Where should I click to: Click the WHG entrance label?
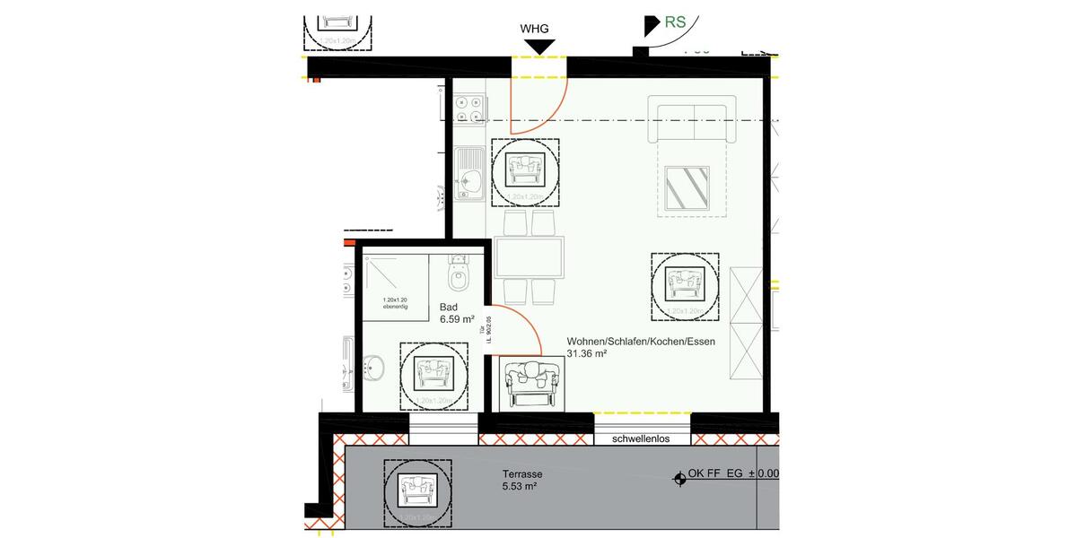[535, 29]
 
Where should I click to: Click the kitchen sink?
[469, 174]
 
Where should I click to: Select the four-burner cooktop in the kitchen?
[468, 108]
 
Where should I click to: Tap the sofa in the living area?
[692, 124]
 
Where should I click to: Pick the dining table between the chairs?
[530, 257]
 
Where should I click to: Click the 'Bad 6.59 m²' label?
[456, 312]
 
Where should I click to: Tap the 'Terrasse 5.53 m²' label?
[521, 480]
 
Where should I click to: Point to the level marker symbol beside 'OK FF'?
[678, 479]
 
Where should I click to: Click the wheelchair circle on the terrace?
[416, 490]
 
